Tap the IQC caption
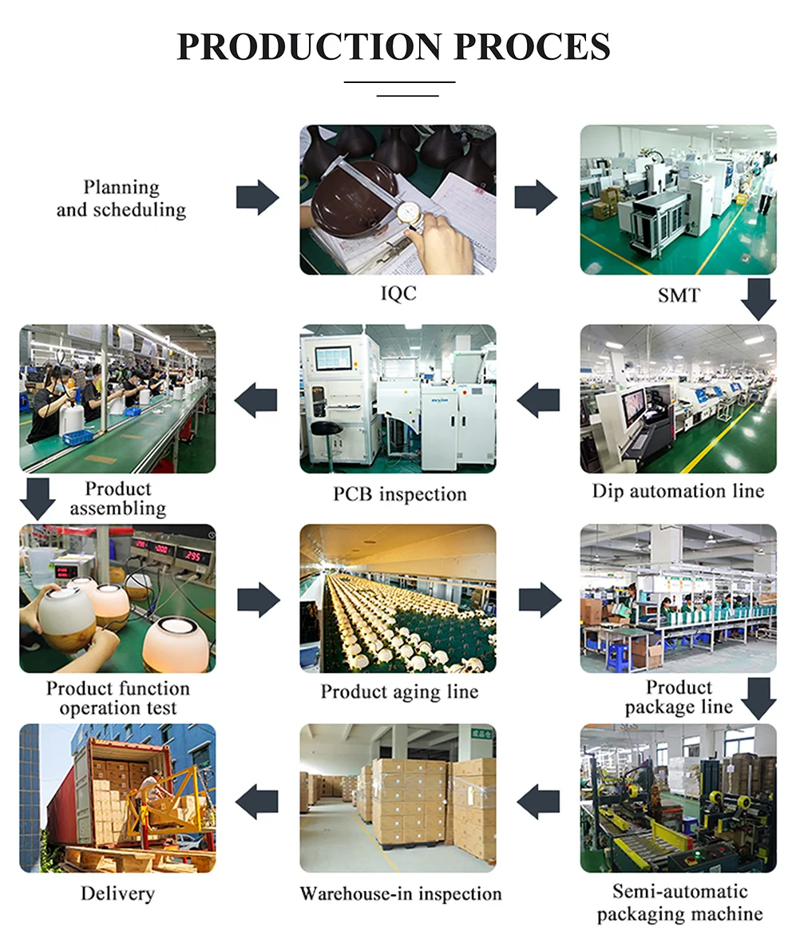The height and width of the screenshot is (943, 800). (x=398, y=294)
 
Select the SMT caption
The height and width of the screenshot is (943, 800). (x=678, y=295)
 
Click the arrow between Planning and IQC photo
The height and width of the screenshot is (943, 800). (x=257, y=197)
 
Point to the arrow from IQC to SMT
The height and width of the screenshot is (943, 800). (x=536, y=197)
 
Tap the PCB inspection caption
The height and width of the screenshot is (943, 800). (x=399, y=494)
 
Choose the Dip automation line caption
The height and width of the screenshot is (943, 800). (x=678, y=491)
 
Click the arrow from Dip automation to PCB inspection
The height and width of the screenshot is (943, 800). (x=538, y=400)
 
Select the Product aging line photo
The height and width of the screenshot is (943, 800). (x=398, y=598)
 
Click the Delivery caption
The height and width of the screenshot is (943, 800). (x=117, y=893)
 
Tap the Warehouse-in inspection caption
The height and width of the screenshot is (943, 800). (x=401, y=893)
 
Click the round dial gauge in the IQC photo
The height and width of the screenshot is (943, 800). (x=408, y=213)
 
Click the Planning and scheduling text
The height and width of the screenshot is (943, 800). (x=121, y=199)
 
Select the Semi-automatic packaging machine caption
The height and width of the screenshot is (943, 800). (x=679, y=902)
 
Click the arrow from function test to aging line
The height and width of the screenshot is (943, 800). (x=258, y=600)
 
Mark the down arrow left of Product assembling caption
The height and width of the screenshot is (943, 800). (x=37, y=498)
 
